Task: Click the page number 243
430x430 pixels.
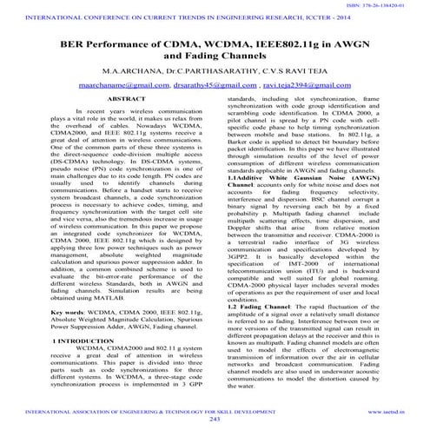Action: point(215,419)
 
